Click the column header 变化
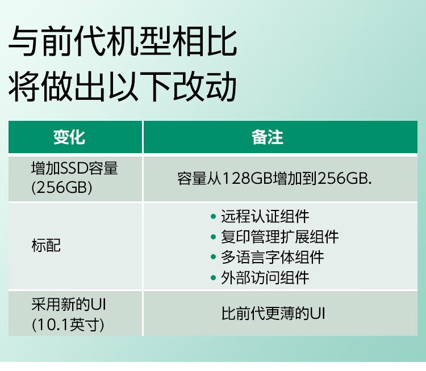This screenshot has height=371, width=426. [69, 137]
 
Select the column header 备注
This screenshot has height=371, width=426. [268, 137]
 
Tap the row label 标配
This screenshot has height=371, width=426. [46, 246]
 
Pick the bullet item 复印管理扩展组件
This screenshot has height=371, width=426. [279, 237]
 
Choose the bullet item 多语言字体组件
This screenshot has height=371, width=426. [272, 257]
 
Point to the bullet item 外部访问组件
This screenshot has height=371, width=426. [265, 277]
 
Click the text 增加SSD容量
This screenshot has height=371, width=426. [74, 168]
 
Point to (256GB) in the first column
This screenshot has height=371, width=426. [61, 188]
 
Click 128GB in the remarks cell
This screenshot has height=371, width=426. [248, 178]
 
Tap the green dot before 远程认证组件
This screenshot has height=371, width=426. [214, 216]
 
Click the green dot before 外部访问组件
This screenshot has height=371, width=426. [214, 277]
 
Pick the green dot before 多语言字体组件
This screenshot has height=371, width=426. [214, 257]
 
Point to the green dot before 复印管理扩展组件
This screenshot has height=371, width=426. [214, 237]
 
